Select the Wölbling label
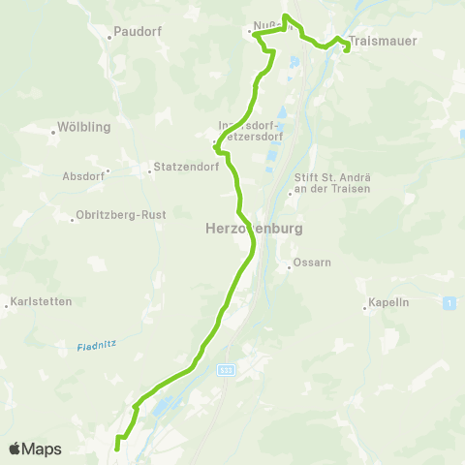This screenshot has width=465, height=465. (86, 127)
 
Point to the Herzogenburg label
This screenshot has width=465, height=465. (242, 230)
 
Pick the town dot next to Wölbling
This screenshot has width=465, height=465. (53, 128)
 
